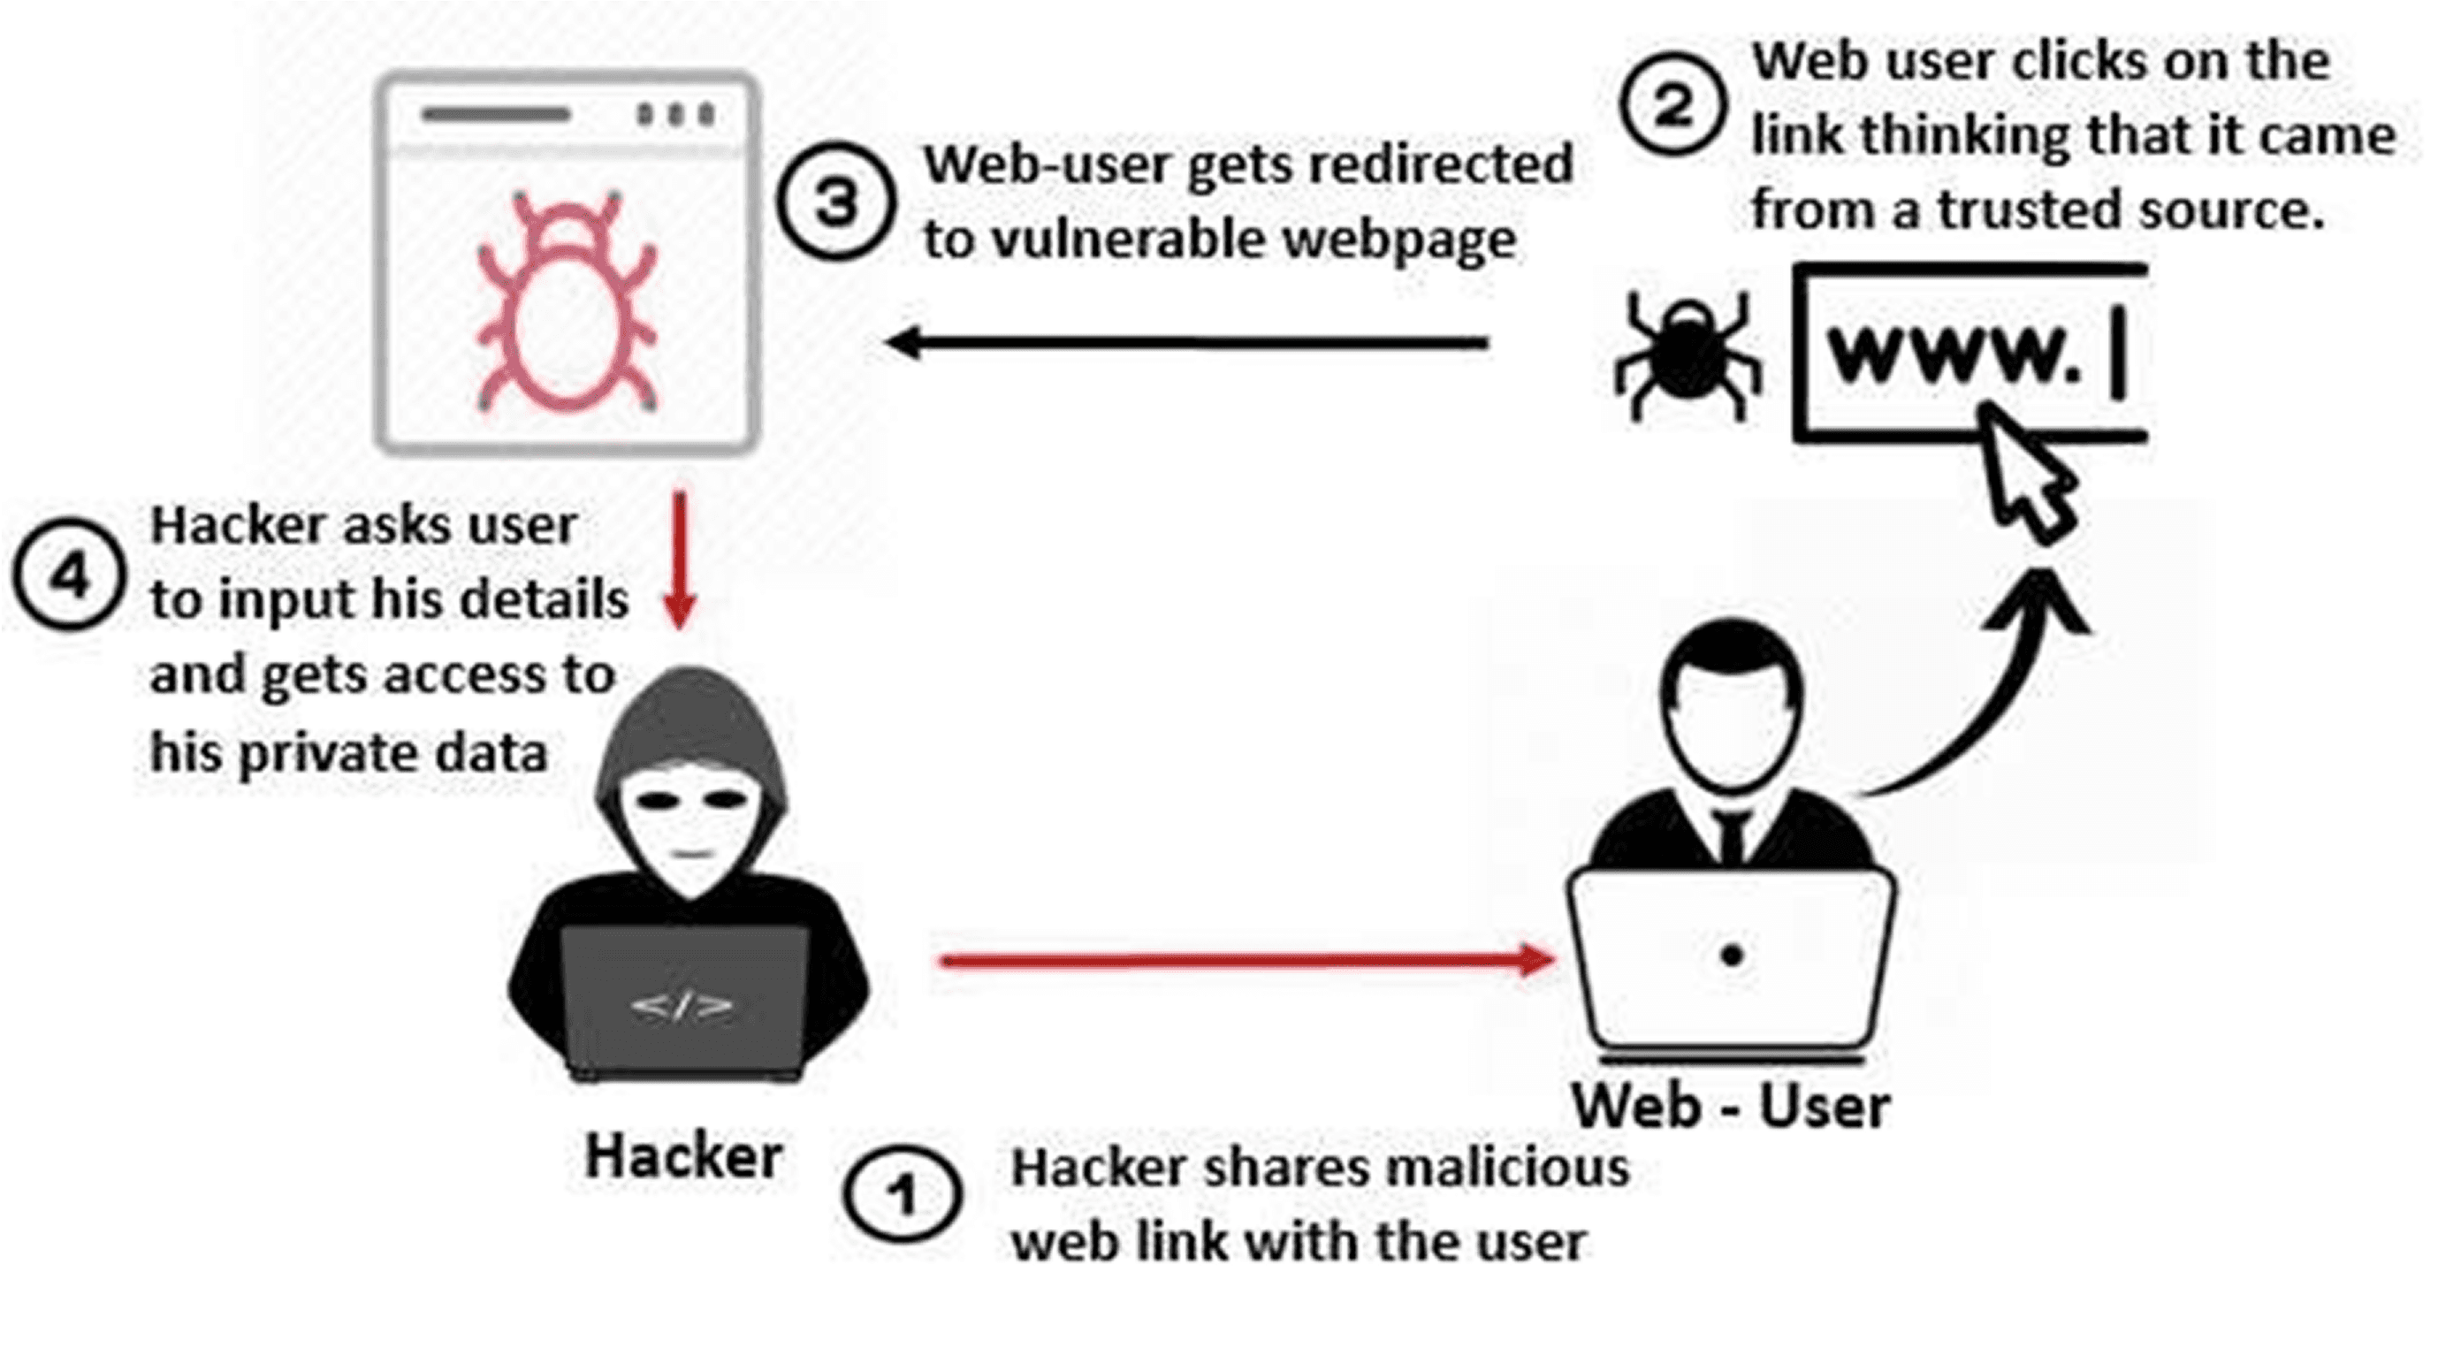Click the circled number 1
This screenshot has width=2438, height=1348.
point(902,1195)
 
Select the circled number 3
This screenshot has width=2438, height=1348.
point(834,202)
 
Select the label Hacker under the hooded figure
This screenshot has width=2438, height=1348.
point(683,1157)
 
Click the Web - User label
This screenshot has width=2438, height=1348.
point(1731,1106)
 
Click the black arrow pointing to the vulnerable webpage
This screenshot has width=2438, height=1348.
point(1188,343)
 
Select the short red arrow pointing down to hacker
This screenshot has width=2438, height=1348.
point(680,559)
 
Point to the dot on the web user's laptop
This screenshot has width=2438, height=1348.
point(1732,956)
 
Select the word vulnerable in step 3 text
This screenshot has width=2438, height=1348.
point(1131,239)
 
